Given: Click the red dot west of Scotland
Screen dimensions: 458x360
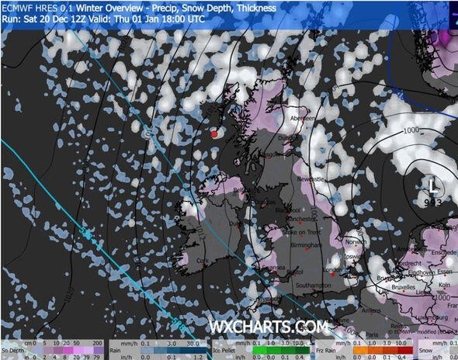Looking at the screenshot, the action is pyautogui.click(x=214, y=133).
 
